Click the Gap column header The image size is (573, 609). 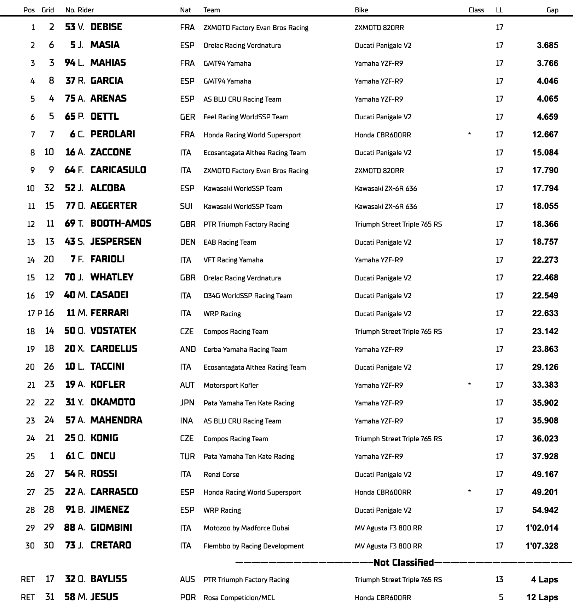pyautogui.click(x=552, y=10)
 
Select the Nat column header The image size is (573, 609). pyautogui.click(x=185, y=10)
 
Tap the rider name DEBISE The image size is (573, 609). pyautogui.click(x=106, y=27)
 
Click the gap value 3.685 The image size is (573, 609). pyautogui.click(x=547, y=45)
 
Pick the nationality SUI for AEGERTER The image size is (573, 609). pyautogui.click(x=186, y=206)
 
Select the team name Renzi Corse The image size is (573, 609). pyautogui.click(x=221, y=474)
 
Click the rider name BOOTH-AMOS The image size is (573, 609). pyautogui.click(x=121, y=224)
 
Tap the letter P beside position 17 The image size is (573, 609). pyautogui.click(x=40, y=313)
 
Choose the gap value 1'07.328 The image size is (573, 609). pyautogui.click(x=542, y=546)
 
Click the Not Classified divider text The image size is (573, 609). pyautogui.click(x=404, y=563)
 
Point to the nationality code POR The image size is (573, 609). pyautogui.click(x=187, y=597)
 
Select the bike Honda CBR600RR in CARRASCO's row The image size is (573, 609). pyautogui.click(x=383, y=492)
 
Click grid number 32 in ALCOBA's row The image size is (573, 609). pyautogui.click(x=49, y=188)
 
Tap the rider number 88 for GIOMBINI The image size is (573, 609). pyautogui.click(x=70, y=528)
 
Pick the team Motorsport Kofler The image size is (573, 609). pyautogui.click(x=231, y=385)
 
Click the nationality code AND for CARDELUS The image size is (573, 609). pyautogui.click(x=188, y=349)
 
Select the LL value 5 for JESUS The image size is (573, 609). pyautogui.click(x=501, y=597)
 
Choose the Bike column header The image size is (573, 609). pyautogui.click(x=361, y=10)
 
